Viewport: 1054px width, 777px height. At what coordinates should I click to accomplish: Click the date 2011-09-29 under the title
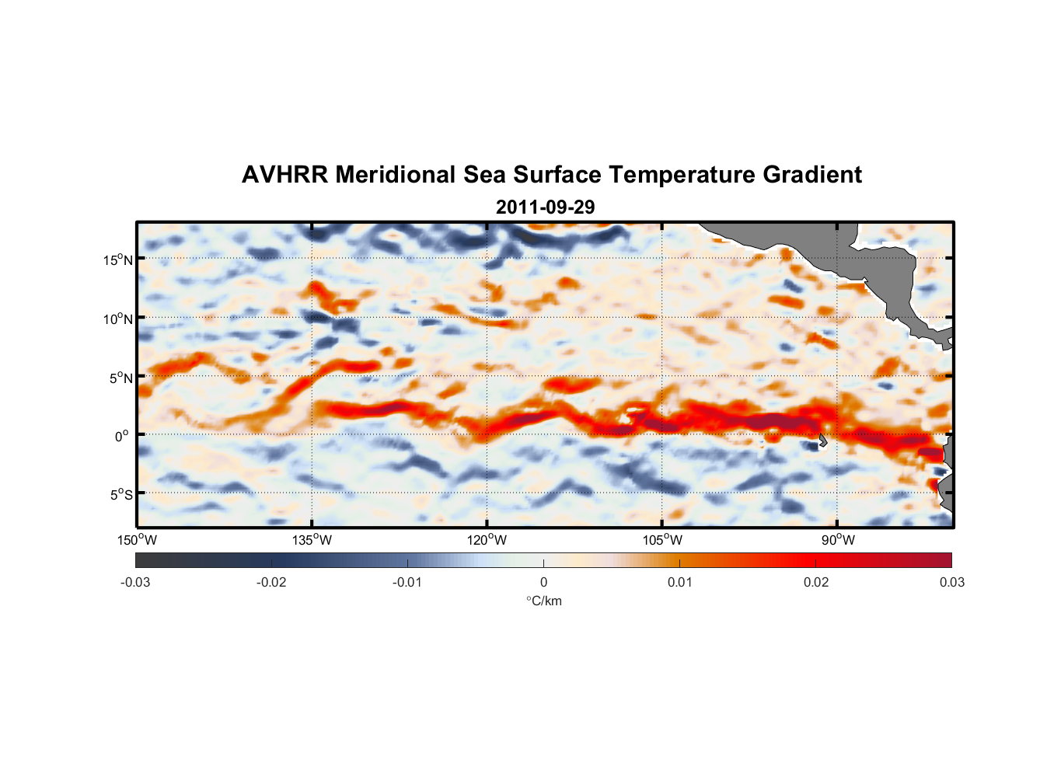coord(545,207)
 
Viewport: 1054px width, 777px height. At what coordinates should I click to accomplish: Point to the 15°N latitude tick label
coord(118,260)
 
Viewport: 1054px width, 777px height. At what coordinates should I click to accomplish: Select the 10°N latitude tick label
coord(118,319)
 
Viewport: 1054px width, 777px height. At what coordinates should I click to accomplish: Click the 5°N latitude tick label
coord(121,378)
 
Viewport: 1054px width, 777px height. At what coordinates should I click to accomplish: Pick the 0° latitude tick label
coord(122,437)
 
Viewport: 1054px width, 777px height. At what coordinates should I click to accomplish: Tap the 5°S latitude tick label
coord(121,495)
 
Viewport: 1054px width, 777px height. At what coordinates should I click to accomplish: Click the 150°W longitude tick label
coord(138,540)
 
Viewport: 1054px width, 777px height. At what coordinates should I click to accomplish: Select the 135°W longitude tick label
coord(312,540)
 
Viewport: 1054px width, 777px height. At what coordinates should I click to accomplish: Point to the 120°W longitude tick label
coord(487,540)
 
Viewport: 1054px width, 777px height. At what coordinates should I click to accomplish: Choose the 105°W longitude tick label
coord(662,540)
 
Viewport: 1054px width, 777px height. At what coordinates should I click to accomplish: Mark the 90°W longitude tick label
coord(838,540)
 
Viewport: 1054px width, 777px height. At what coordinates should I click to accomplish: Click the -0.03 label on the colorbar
coord(135,582)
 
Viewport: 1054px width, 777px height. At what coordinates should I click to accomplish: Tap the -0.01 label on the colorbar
coord(407,582)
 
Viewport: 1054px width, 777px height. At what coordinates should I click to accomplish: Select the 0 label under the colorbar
coord(543,582)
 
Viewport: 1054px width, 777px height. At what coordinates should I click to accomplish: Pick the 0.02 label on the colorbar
coord(816,582)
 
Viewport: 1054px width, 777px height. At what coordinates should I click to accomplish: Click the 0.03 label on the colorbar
coord(951,582)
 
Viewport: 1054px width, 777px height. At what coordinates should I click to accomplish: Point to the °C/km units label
coord(543,601)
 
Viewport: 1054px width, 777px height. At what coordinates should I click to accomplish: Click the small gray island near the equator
coord(822,441)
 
